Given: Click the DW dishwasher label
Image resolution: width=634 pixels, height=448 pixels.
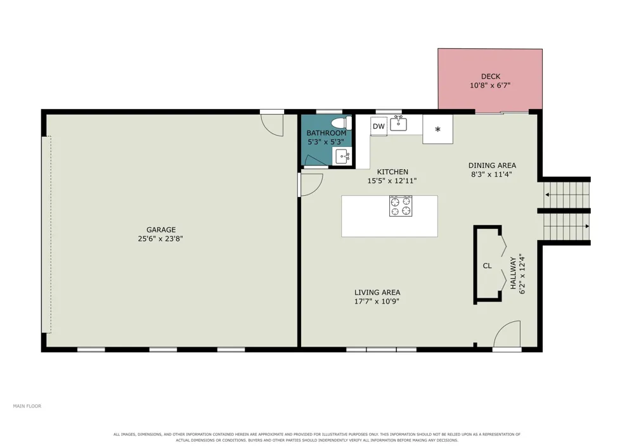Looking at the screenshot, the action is point(378,127).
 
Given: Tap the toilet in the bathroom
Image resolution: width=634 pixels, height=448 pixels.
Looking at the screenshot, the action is point(342,122).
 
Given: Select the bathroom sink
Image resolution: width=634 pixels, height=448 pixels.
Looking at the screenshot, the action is point(342,157).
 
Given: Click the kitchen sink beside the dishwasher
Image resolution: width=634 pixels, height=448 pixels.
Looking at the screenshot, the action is point(399,123).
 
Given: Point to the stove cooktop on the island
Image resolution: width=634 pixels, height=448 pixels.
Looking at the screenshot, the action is point(401,206).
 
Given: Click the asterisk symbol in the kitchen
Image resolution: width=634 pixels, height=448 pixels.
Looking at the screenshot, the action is point(437,130).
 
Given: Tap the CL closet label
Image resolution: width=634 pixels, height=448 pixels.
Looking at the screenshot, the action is point(487,266).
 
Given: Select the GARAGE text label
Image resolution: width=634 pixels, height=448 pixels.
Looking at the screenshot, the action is point(161,230).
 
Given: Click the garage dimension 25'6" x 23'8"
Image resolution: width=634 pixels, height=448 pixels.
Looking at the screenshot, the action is point(160,239).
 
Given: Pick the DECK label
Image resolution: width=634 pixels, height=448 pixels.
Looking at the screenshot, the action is point(491,76).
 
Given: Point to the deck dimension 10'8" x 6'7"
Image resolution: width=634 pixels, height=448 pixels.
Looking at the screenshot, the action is point(490,86).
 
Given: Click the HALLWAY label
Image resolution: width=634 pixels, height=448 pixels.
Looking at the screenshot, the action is point(513,273).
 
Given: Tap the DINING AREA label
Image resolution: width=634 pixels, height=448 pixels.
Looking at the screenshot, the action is point(492,165).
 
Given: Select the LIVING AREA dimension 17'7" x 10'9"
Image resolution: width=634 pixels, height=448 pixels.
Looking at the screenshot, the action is point(377,302).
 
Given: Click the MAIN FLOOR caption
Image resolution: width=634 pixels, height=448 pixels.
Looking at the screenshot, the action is point(27,406).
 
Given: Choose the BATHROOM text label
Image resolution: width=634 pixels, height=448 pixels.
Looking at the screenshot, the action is point(327,133).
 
